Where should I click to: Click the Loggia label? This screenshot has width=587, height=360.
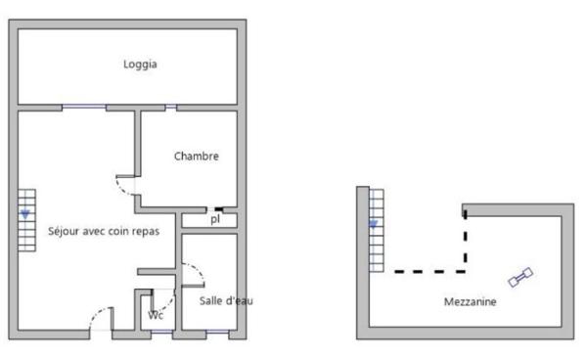point(141,65)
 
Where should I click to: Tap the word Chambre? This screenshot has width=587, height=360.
point(196,156)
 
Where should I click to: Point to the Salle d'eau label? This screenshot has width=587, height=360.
point(226,300)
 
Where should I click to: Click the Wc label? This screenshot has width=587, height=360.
point(156,315)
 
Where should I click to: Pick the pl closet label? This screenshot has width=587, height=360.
point(214,220)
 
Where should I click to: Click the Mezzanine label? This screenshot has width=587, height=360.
point(470,302)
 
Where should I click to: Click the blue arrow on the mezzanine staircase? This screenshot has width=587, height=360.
point(373,226)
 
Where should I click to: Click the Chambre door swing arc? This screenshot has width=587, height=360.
point(124,186)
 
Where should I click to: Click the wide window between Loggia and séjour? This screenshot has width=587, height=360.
point(85,107)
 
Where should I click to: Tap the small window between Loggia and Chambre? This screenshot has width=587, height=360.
point(171,107)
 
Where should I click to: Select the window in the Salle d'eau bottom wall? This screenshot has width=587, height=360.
point(217,336)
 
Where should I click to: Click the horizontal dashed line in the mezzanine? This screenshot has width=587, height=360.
point(429,271)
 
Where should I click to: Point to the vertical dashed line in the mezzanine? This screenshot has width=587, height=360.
point(466,240)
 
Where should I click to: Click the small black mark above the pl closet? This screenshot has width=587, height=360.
point(220,208)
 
